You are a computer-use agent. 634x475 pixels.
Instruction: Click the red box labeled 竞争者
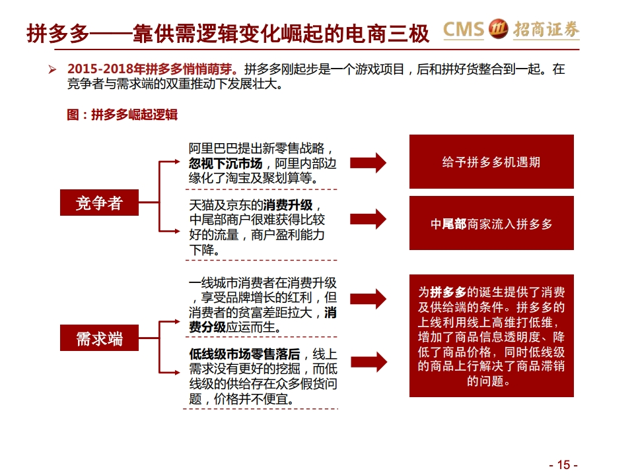[x=99, y=203]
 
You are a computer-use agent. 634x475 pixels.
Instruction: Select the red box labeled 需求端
[x=99, y=338]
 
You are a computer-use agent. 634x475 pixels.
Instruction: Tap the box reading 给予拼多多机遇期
[x=491, y=162]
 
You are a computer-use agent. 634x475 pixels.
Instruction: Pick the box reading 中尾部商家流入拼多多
[x=491, y=223]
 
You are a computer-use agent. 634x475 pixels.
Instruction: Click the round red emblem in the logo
[x=498, y=30]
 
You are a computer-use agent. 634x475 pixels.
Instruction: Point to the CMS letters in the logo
[x=464, y=30]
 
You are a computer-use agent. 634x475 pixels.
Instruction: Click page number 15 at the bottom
[x=563, y=464]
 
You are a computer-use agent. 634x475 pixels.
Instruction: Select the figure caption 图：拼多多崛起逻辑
[x=122, y=115]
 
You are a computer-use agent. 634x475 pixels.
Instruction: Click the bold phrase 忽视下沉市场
[x=225, y=164]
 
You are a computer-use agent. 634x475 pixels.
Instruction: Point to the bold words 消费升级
[x=287, y=205]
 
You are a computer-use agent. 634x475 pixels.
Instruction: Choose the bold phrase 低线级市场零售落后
[x=244, y=354]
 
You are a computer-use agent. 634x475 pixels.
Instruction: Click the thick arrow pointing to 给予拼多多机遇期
[x=368, y=163]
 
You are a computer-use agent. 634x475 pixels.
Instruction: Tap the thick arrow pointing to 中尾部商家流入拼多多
[x=368, y=219]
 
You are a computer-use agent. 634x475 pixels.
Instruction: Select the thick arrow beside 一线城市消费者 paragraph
[x=368, y=299]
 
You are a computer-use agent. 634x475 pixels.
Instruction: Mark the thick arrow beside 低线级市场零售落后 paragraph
[x=369, y=362]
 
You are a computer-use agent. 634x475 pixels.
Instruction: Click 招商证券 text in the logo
[x=546, y=30]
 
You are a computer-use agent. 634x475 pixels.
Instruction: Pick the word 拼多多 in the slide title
[x=58, y=34]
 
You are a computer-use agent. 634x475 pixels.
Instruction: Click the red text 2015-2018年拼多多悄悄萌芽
[x=151, y=69]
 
